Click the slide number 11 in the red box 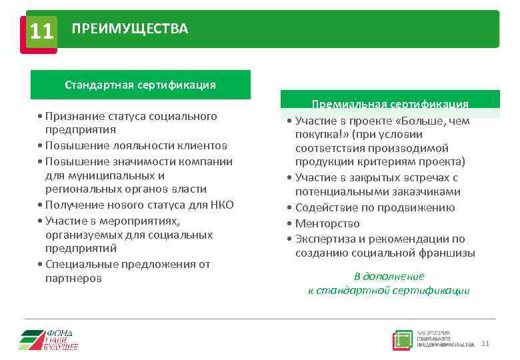[41, 31]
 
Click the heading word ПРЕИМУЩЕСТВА [130, 29]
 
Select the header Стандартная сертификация [140, 85]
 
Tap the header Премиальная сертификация [390, 104]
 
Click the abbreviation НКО [220, 205]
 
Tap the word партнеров [73, 278]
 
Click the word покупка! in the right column [317, 134]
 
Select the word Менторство [327, 223]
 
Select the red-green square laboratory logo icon [402, 339]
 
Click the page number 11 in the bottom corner [485, 344]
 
